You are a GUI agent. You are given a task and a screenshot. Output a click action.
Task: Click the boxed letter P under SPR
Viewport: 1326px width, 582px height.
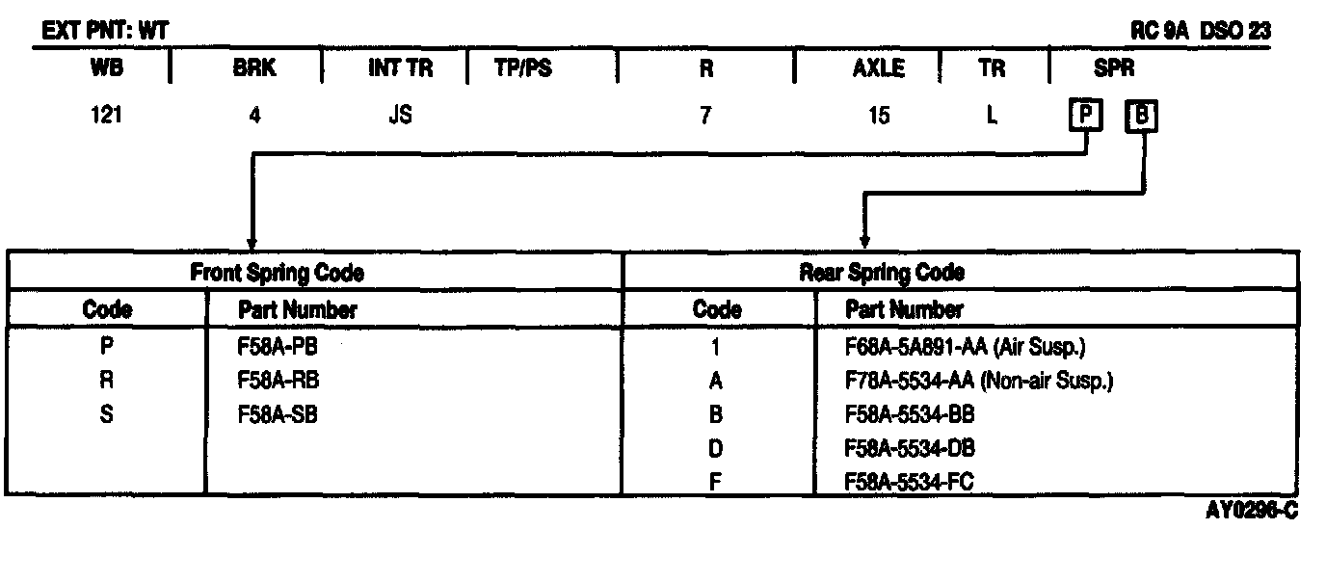(x=1086, y=117)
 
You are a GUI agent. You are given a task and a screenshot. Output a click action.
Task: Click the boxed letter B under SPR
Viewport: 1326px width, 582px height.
(x=1142, y=117)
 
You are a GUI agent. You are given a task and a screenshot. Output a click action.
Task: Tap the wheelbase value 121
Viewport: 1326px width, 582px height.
(x=106, y=116)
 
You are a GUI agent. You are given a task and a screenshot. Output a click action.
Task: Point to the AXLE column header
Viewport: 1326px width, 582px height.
(x=878, y=69)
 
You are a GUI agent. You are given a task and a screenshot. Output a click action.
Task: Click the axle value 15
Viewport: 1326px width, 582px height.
(x=878, y=116)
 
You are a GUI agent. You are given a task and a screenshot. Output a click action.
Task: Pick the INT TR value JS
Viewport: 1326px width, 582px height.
(x=400, y=116)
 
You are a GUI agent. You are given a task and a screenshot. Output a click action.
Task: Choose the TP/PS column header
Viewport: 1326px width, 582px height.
(x=523, y=69)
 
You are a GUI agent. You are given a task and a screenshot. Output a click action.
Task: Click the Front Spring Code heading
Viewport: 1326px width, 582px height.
(x=278, y=273)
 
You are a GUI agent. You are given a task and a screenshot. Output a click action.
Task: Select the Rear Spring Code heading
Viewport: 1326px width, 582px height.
(x=882, y=273)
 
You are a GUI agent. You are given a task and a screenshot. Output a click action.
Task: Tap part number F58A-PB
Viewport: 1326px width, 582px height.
(x=278, y=347)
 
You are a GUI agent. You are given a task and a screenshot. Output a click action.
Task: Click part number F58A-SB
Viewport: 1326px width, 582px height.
(x=278, y=414)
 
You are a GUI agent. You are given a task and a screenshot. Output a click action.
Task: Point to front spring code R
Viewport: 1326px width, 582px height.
(x=107, y=381)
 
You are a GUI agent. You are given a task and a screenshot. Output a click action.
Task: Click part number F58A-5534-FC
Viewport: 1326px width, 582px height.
(x=909, y=481)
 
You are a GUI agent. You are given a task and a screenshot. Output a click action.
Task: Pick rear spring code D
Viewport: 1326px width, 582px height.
(x=716, y=448)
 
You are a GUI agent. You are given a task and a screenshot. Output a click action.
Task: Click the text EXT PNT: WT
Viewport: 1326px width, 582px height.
(x=105, y=32)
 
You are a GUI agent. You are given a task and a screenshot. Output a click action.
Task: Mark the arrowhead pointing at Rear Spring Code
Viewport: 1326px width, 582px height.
(x=864, y=241)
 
